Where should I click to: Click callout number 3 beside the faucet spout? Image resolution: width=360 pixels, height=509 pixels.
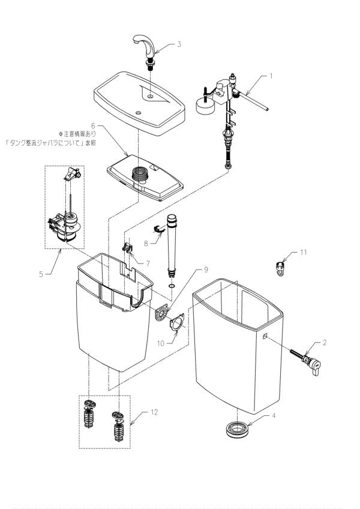(x=179, y=44)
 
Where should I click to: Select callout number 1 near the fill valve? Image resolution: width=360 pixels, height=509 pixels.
(x=271, y=76)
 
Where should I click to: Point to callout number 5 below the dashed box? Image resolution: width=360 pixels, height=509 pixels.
(x=41, y=274)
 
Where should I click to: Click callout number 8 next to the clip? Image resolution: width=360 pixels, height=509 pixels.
(x=145, y=243)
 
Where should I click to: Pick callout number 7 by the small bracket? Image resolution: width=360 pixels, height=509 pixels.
(x=148, y=264)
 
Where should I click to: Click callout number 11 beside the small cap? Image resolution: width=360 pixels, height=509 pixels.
(x=303, y=253)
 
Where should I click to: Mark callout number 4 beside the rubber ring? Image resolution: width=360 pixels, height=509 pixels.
(x=274, y=415)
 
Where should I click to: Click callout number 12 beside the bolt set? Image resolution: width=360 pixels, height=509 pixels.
(x=155, y=413)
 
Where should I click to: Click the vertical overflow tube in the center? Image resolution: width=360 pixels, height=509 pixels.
(x=173, y=243)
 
